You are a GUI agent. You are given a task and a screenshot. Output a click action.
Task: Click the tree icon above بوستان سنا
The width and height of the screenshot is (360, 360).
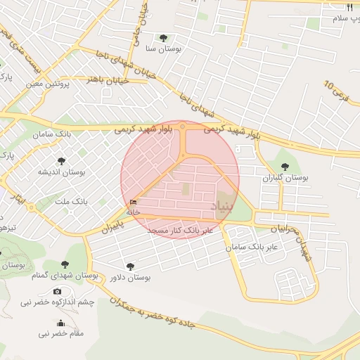click(164, 38)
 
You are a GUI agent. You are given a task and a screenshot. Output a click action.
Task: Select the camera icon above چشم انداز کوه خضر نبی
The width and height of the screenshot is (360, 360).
click(57, 291)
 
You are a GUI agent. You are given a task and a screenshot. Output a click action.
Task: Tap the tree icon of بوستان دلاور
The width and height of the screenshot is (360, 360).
click(130, 266)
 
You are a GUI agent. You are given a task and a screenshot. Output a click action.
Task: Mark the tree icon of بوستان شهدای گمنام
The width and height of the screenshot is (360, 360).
click(65, 264)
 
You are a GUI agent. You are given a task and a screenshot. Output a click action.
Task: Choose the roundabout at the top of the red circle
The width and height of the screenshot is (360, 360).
click(183, 127)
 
